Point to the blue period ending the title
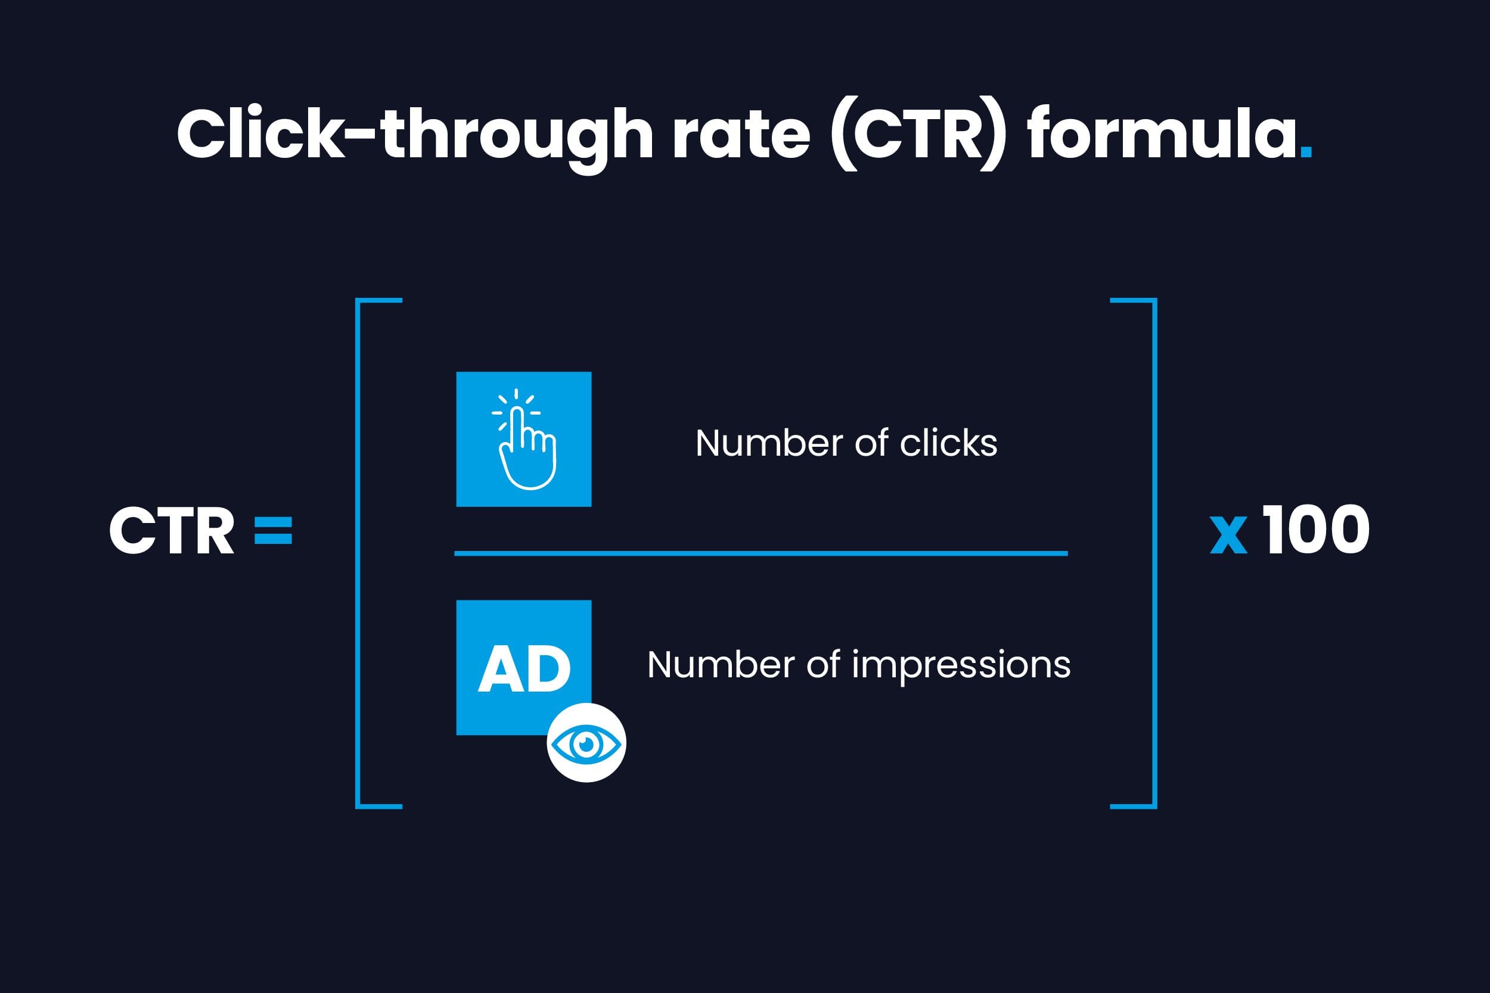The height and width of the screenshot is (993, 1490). (x=1306, y=152)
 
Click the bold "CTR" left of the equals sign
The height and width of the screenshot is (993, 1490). (x=172, y=531)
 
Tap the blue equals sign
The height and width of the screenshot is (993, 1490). (x=273, y=531)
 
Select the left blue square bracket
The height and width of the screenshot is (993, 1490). (x=359, y=553)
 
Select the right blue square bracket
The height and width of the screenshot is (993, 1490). (x=1155, y=553)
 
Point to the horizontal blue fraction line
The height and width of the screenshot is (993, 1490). (x=761, y=553)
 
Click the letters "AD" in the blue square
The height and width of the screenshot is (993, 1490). (x=524, y=669)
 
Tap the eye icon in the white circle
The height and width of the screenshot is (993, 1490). (x=586, y=743)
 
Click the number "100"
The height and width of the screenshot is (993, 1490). (x=1315, y=530)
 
